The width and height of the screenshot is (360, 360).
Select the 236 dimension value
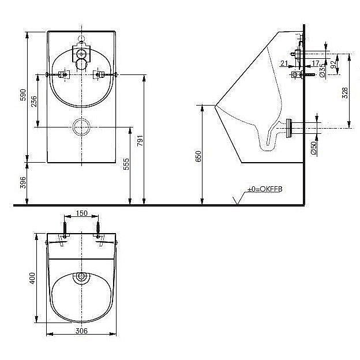click(34, 101)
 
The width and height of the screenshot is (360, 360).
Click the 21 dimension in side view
click(284, 62)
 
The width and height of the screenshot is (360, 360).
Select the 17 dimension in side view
click(316, 62)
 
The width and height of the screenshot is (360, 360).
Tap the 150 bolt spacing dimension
click(82, 213)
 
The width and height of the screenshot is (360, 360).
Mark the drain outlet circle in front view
click(81, 126)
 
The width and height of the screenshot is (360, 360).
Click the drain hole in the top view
click(81, 279)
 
